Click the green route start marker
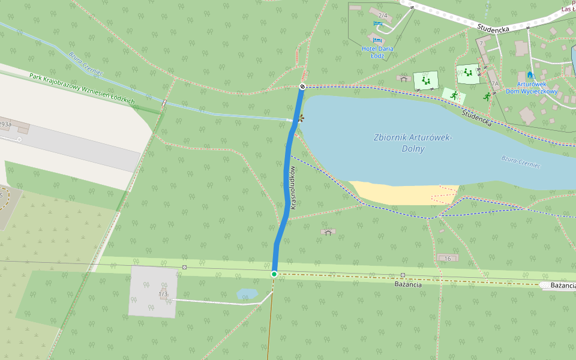[x=274, y=274]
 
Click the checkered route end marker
[x=302, y=86]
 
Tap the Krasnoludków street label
[x=293, y=188]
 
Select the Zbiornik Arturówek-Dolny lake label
[x=413, y=142]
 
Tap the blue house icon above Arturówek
[x=530, y=75]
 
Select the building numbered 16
[x=448, y=258]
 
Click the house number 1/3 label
[x=163, y=293]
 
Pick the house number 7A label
[x=494, y=84]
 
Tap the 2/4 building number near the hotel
[x=383, y=15]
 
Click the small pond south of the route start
[x=247, y=293]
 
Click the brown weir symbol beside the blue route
[x=301, y=118]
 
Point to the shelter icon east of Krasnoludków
[x=328, y=232]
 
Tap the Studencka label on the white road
[x=493, y=28]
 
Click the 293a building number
[x=5, y=124]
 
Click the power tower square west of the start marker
[x=184, y=267]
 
